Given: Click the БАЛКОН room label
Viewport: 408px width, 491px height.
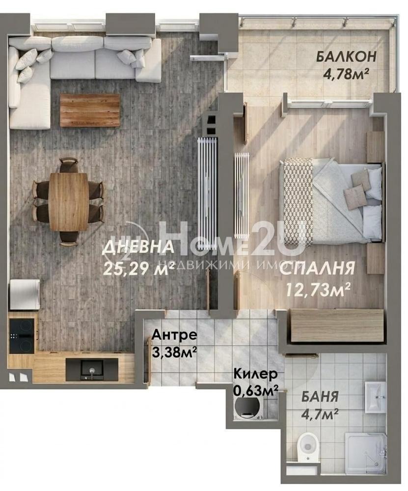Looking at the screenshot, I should tap(346, 57).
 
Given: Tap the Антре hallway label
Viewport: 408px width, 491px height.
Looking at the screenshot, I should tap(174, 335).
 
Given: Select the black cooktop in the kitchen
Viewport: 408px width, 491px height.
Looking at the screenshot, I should tap(22, 335).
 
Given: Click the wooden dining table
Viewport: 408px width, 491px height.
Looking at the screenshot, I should tap(69, 201).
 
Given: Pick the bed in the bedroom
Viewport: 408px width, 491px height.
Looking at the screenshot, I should tap(330, 200).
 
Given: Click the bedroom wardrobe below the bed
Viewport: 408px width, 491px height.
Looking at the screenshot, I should tap(336, 325).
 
